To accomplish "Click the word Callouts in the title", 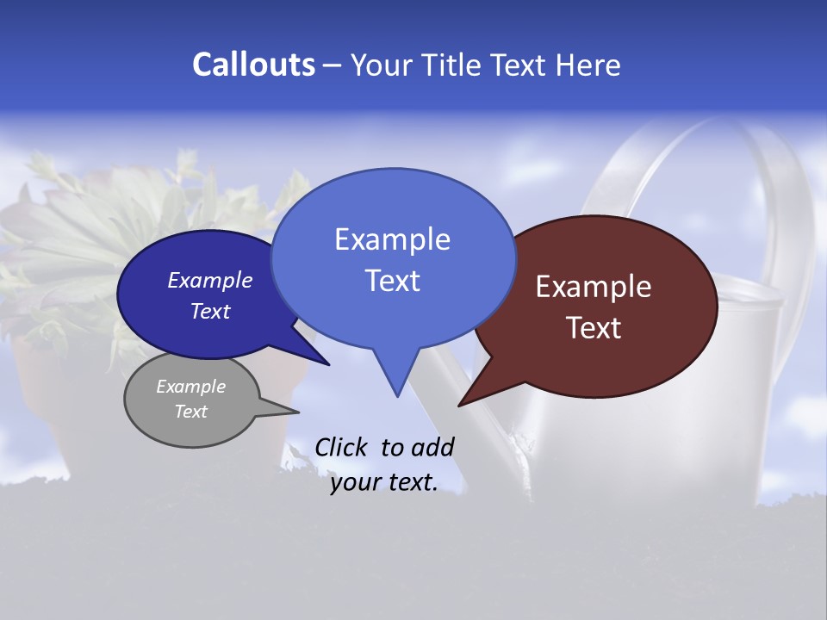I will (x=253, y=65).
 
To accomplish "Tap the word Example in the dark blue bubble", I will (x=210, y=280).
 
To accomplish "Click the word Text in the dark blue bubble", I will (x=210, y=311).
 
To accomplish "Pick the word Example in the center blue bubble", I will (x=392, y=239).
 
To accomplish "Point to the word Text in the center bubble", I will (x=392, y=281).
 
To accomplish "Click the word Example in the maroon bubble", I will (x=594, y=287).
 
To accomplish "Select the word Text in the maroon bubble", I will (x=594, y=328).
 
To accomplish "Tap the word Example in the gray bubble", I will (x=190, y=387).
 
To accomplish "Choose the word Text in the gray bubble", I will (x=190, y=412).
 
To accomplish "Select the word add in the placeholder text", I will (x=432, y=448).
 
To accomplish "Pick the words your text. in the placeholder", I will (x=383, y=482).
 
